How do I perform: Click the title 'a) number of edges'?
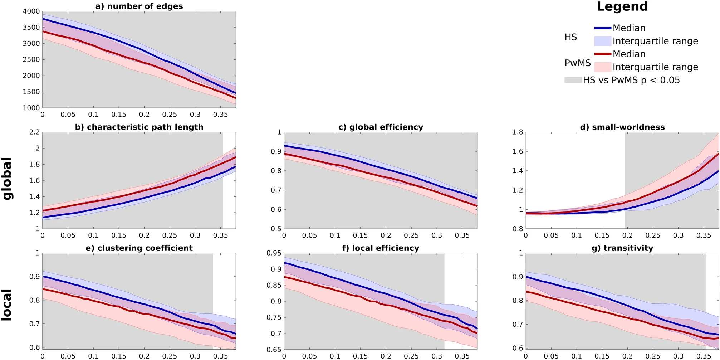(x=139, y=6)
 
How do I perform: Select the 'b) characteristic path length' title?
(x=139, y=127)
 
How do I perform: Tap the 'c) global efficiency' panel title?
(x=381, y=127)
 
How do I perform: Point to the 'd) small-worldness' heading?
(x=622, y=127)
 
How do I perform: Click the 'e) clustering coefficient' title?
(x=139, y=248)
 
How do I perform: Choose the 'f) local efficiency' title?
(x=381, y=248)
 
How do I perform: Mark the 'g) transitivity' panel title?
(x=622, y=248)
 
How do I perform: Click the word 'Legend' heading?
(x=622, y=6)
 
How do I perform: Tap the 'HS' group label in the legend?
(x=570, y=37)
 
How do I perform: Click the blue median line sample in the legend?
(x=602, y=28)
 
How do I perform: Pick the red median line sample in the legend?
(x=602, y=54)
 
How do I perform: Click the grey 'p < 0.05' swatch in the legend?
(x=572, y=80)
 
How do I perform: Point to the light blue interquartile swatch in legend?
(x=602, y=41)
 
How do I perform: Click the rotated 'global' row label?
(x=8, y=179)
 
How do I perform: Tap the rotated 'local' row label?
(x=8, y=305)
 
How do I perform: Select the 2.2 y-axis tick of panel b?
(x=34, y=132)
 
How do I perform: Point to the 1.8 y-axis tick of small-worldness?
(x=518, y=132)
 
